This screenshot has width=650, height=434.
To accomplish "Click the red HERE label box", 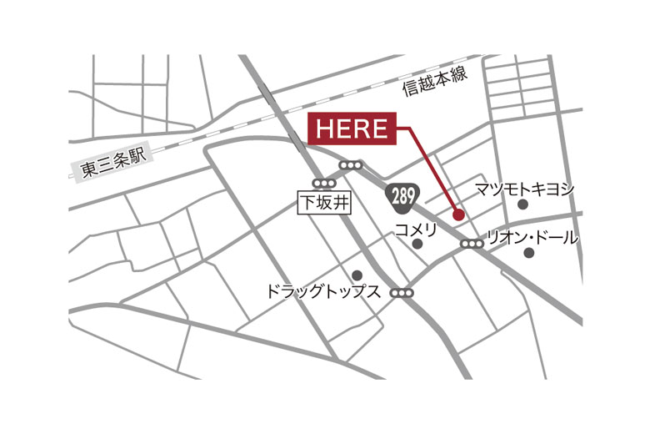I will (x=352, y=129).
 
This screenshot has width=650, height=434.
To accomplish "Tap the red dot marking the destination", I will (x=457, y=214).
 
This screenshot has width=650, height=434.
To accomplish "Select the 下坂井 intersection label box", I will (x=320, y=202).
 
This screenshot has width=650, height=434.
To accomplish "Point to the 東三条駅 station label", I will (x=113, y=164).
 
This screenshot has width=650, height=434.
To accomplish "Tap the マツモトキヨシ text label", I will (x=525, y=189).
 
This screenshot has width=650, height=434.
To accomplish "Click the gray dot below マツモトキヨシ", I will (x=522, y=204).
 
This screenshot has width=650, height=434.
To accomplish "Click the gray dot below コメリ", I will (x=417, y=245).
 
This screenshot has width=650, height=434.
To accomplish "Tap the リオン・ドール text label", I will (x=532, y=237).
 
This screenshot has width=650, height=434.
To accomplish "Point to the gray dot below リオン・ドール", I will (x=529, y=252).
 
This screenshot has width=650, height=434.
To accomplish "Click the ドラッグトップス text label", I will (x=322, y=292).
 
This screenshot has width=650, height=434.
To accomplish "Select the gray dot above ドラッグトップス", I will (x=357, y=275).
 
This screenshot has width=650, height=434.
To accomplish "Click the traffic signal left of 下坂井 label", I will (x=321, y=183).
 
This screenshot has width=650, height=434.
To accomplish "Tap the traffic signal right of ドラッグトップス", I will (x=402, y=293).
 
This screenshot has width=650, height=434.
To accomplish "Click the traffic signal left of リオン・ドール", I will (x=472, y=244).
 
